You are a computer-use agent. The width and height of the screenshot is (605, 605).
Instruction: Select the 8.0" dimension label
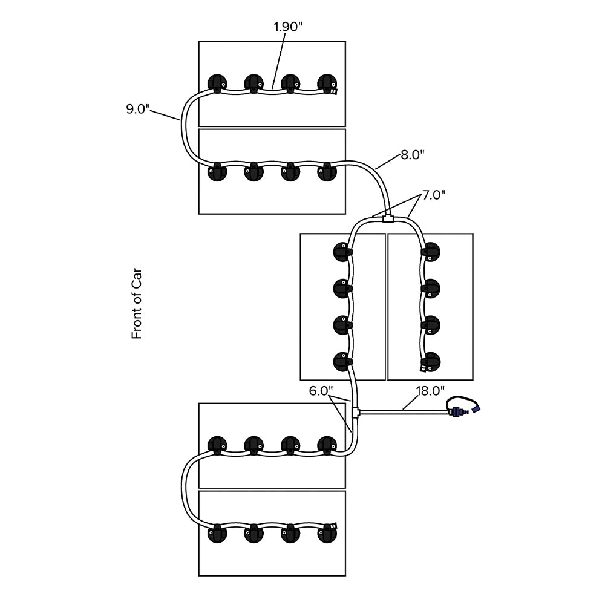tap(413, 154)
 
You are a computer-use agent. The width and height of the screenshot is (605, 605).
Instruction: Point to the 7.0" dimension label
tap(434, 195)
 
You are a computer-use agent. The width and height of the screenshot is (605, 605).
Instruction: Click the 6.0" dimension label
tap(321, 391)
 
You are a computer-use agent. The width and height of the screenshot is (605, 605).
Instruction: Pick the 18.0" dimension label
tap(430, 391)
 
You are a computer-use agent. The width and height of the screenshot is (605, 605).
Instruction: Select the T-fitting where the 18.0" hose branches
tap(356, 413)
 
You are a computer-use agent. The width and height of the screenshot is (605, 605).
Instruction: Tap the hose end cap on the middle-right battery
tap(422, 367)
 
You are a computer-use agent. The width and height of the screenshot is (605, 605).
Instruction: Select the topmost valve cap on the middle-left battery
tap(342, 250)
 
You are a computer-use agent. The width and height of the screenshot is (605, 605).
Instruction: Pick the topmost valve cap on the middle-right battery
tap(431, 250)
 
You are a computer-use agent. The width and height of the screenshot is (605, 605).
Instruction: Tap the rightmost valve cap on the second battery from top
tap(327, 172)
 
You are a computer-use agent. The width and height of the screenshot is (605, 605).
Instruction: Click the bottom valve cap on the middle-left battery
tap(342, 362)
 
